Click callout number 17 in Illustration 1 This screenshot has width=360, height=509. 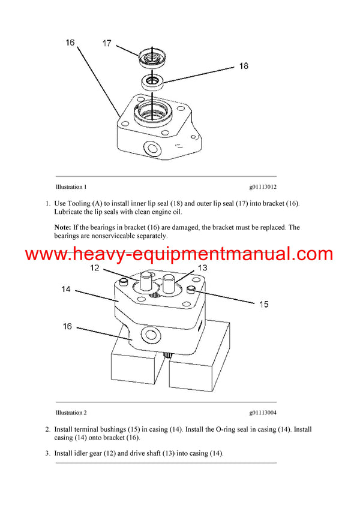coord(107,43)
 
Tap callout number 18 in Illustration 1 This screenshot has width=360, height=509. coord(243,66)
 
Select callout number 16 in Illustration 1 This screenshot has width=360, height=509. coord(70,43)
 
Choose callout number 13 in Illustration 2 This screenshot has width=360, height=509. coord(202,267)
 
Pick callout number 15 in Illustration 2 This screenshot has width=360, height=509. coord(263,304)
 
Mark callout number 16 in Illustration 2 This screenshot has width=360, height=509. coord(67,327)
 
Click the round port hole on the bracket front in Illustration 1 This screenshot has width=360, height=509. coord(151,147)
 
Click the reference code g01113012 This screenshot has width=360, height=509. coord(259,186)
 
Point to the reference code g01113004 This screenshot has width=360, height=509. coord(259,412)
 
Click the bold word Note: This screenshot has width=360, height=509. coord(62,227)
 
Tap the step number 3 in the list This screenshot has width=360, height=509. coord(47,453)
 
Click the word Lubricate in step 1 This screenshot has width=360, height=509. coord(71,212)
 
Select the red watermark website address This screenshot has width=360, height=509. coord(179,254)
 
